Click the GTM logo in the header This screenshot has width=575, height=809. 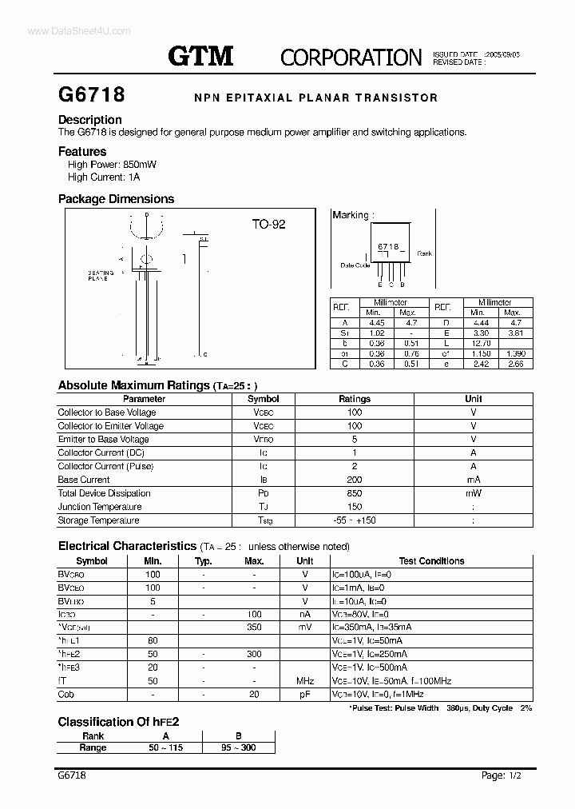click(200, 56)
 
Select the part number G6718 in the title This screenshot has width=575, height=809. click(91, 95)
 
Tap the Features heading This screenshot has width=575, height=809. click(82, 151)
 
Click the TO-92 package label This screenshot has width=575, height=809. click(268, 225)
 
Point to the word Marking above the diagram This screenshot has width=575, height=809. click(350, 215)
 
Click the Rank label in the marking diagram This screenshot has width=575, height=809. click(424, 253)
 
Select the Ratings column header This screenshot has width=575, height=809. click(355, 399)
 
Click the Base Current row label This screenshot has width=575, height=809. click(84, 480)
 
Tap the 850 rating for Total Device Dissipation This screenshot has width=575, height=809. click(355, 493)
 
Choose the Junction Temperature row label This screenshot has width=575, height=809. click(100, 507)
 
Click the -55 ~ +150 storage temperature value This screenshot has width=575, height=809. click(355, 520)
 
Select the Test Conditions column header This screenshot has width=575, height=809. click(431, 561)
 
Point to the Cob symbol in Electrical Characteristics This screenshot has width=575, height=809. click(66, 695)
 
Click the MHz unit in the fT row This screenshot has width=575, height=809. click(304, 681)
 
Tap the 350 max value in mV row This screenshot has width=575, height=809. click(254, 628)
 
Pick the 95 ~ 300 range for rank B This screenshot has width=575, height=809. click(238, 747)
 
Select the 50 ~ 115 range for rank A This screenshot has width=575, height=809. click(165, 747)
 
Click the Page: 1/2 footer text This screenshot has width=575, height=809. click(505, 776)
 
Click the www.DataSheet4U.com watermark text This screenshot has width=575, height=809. click(67, 30)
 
